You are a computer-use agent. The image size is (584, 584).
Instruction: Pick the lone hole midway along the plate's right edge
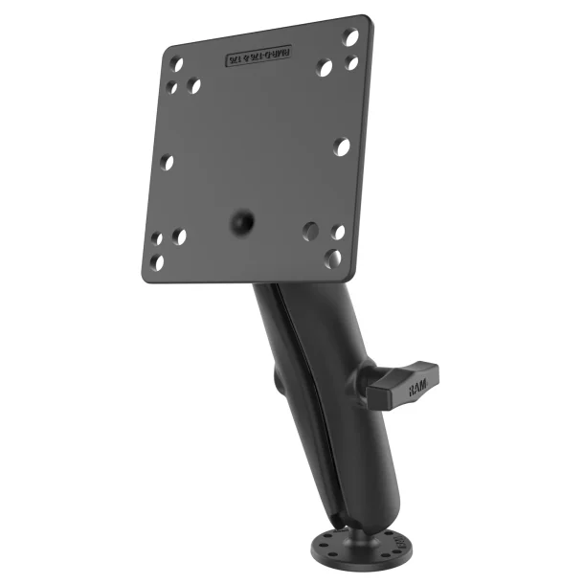pyautogui.click(x=342, y=146)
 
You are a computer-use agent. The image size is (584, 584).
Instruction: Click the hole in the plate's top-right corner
pyautogui.click(x=351, y=37)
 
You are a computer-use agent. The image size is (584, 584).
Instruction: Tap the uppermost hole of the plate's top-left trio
pyautogui.click(x=176, y=65)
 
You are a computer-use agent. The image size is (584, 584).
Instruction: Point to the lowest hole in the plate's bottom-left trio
pyautogui.click(x=158, y=260)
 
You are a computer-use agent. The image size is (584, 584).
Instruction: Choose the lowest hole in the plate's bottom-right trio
pyautogui.click(x=332, y=258)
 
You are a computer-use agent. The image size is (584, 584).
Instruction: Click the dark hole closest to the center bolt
pyautogui.click(x=310, y=231)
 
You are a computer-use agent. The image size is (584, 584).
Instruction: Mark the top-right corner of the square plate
pyautogui.click(x=370, y=18)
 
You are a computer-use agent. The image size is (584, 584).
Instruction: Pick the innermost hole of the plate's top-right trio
pyautogui.click(x=326, y=68)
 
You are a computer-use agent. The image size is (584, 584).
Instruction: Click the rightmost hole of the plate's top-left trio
pyautogui.click(x=194, y=85)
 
